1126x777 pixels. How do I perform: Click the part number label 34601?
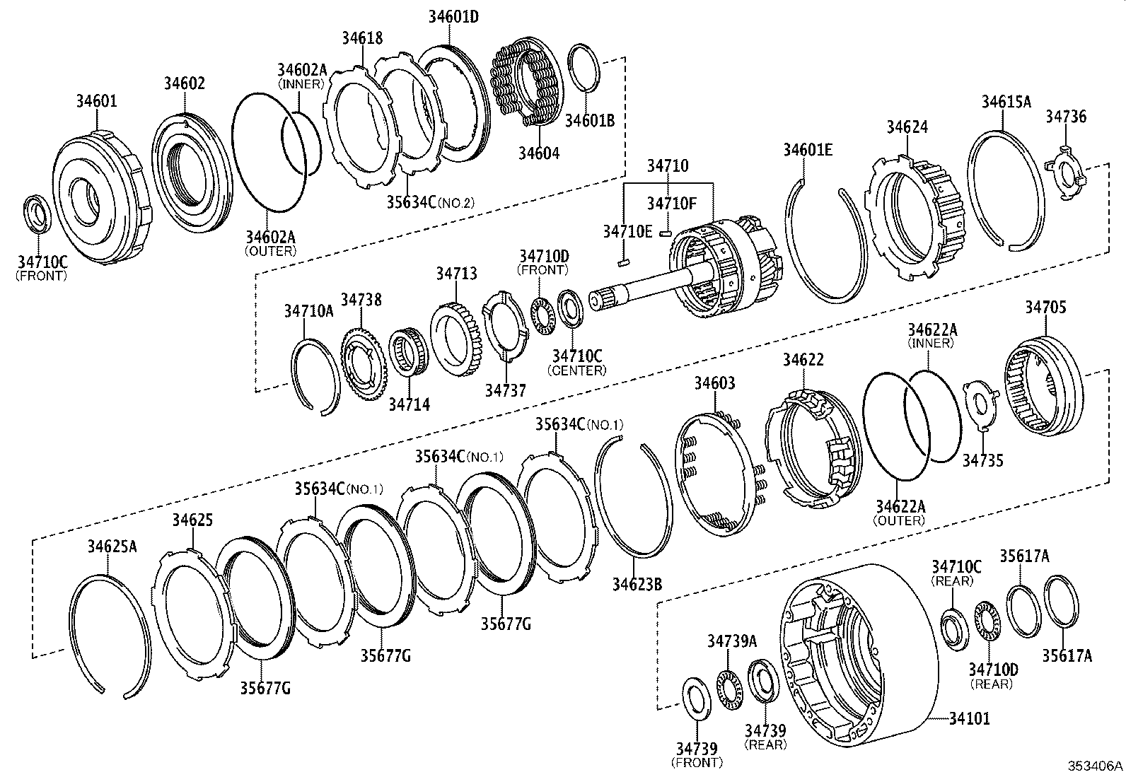click(x=97, y=101)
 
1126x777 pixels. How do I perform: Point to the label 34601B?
click(x=589, y=120)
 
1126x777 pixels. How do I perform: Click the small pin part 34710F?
click(x=664, y=232)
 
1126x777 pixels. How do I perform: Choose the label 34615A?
click(x=1006, y=102)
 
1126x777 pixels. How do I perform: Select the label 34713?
click(x=456, y=273)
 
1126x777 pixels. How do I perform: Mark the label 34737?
click(x=506, y=390)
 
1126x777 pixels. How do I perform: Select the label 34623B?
click(x=637, y=584)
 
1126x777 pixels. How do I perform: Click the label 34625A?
click(x=112, y=546)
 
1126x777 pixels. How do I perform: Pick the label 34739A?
click(x=732, y=641)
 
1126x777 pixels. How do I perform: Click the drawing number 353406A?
click(x=1095, y=766)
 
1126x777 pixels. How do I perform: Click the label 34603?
click(x=714, y=383)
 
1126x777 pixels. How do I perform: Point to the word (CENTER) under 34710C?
click(x=576, y=370)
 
